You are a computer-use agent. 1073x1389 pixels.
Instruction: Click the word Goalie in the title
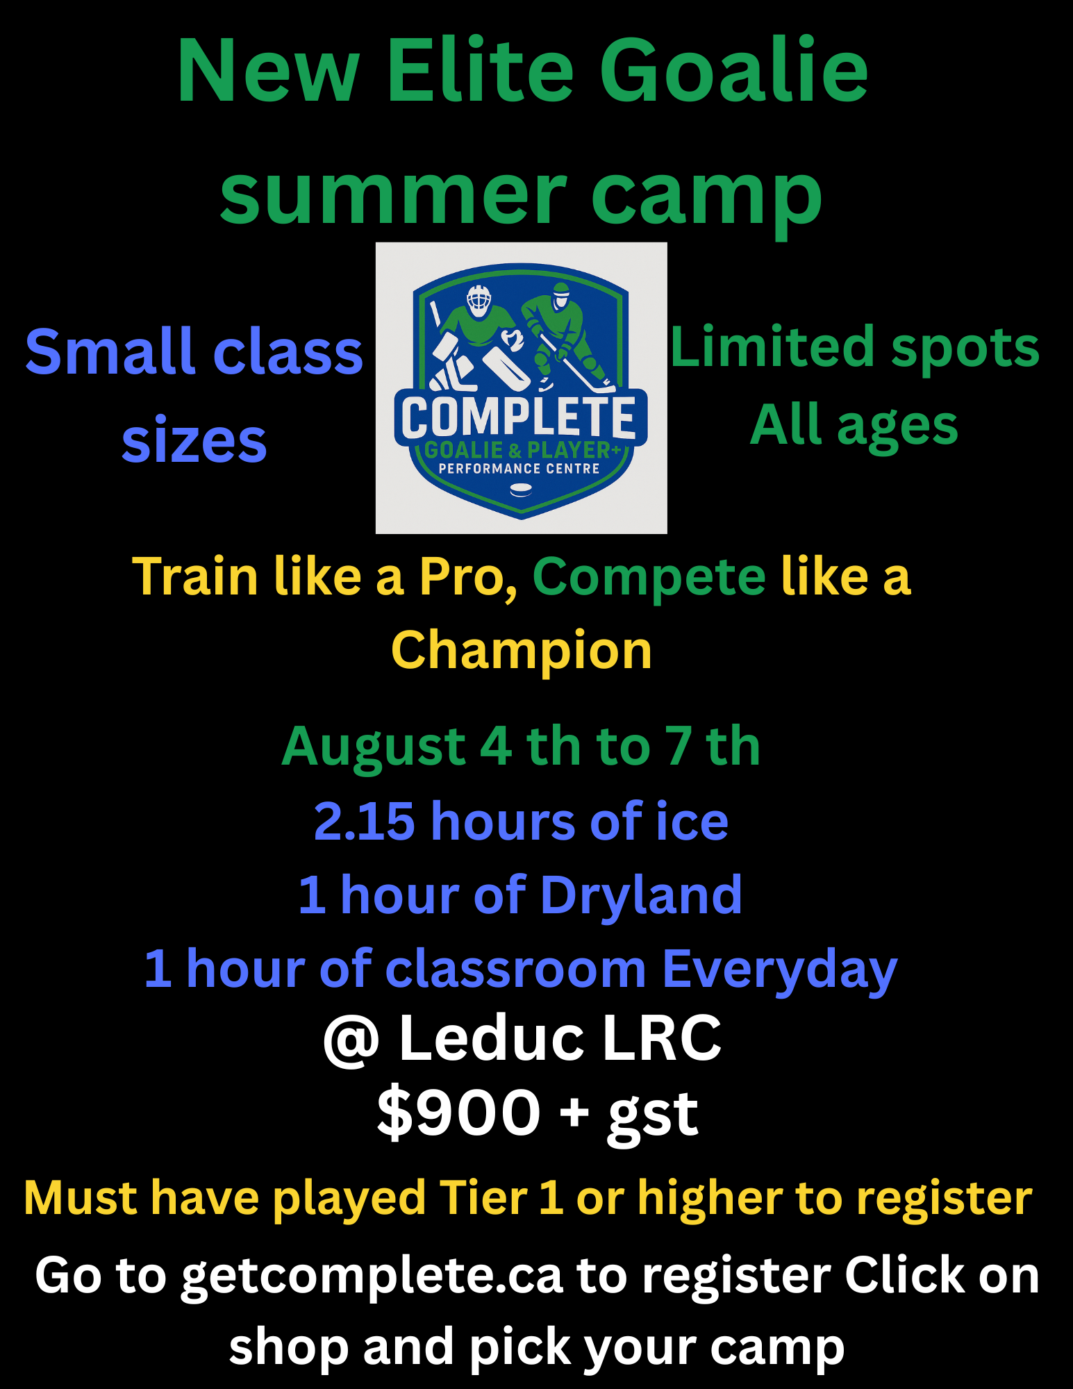tap(733, 71)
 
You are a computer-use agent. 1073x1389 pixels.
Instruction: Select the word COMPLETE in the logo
tap(519, 417)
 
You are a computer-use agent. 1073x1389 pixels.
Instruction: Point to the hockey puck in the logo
tap(521, 490)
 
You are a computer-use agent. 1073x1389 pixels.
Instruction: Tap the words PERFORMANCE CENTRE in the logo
tap(519, 469)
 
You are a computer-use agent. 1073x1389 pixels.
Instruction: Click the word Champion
tap(522, 651)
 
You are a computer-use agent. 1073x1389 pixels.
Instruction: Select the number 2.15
tap(364, 822)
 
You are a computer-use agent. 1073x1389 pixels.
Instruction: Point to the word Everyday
tap(779, 970)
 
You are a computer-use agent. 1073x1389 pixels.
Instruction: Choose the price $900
tap(458, 1113)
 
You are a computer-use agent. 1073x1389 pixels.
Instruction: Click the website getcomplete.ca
tap(372, 1276)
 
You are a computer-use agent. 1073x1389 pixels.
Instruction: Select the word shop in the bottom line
tap(288, 1347)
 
